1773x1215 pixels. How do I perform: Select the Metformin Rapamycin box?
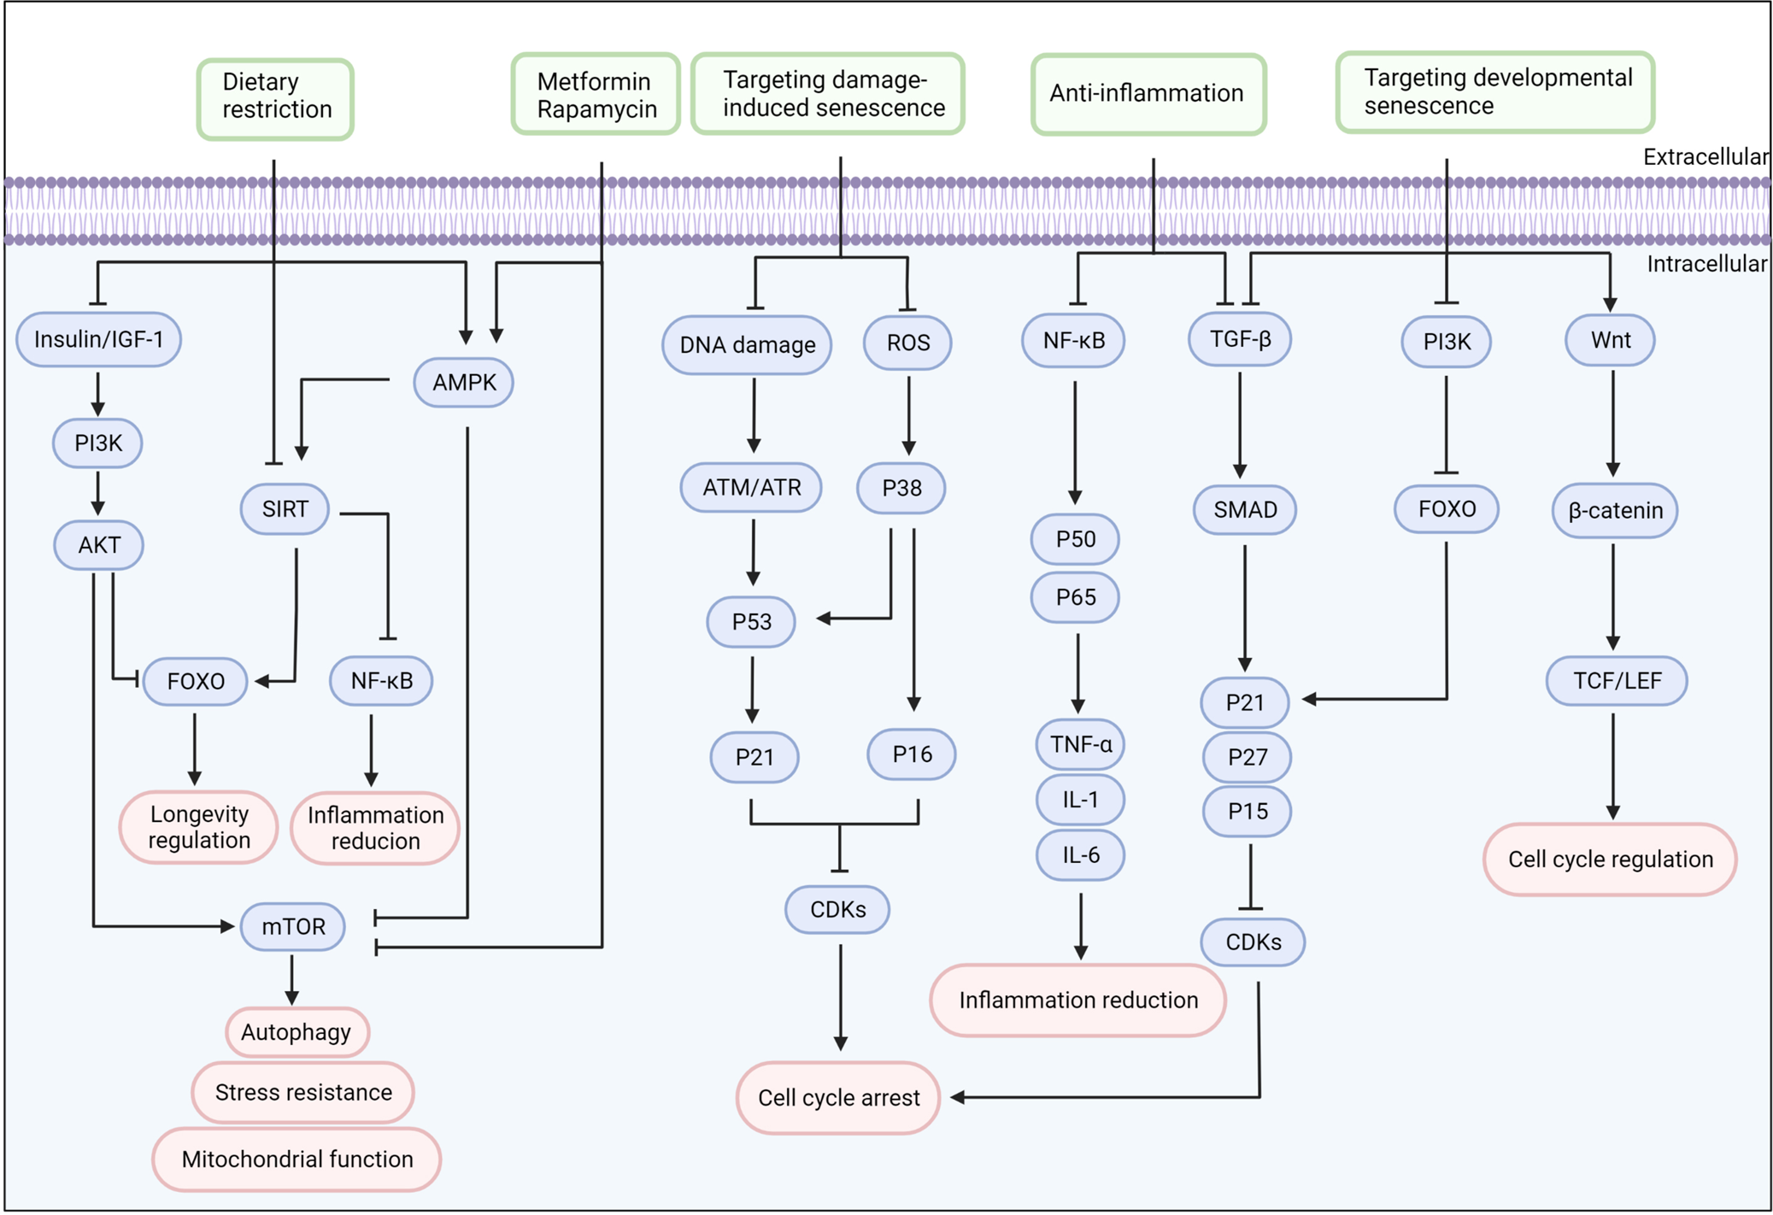[x=596, y=95]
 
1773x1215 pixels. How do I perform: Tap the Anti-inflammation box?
[x=1147, y=94]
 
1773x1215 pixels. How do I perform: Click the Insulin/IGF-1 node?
[x=98, y=340]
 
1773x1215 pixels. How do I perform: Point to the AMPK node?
[x=464, y=382]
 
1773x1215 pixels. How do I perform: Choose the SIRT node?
[x=285, y=509]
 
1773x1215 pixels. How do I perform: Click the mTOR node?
[x=293, y=927]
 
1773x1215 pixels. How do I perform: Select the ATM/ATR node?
[x=751, y=488]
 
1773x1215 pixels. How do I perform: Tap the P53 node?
[x=751, y=622]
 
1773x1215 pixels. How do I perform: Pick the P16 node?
[x=911, y=754]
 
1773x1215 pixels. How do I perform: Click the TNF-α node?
[x=1080, y=744]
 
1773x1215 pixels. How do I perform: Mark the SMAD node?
[x=1244, y=510]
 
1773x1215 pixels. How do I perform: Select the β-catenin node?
[x=1614, y=511]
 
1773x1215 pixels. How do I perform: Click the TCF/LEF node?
[x=1617, y=681]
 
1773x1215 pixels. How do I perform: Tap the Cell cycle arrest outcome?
[x=838, y=1098]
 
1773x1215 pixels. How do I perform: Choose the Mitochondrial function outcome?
[x=296, y=1159]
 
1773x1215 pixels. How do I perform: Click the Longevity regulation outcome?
[x=199, y=827]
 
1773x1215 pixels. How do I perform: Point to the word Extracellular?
[x=1705, y=157]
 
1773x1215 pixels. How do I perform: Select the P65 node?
[x=1075, y=597]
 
